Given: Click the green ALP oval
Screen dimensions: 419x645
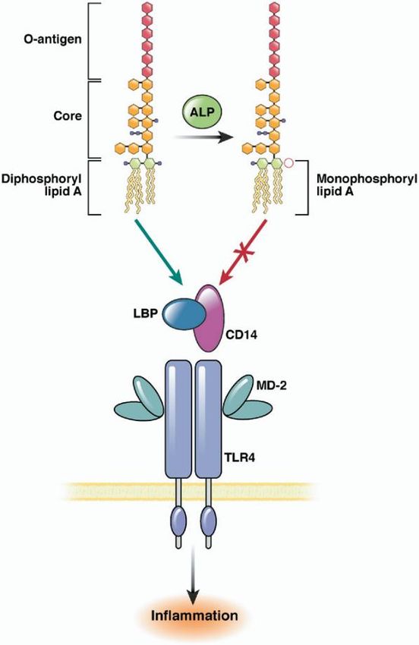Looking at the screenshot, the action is click(201, 112).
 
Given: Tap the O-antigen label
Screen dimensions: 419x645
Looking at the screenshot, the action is click(52, 40).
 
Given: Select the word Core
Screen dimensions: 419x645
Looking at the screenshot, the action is click(68, 115).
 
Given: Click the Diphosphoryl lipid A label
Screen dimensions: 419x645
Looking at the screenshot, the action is click(42, 184).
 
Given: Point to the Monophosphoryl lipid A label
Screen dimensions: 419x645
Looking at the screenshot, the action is click(367, 184).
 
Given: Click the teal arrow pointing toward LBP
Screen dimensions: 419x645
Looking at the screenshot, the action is click(159, 252).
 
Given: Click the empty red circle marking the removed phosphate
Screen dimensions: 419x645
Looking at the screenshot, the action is click(289, 163).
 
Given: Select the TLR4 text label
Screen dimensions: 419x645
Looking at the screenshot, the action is click(241, 457).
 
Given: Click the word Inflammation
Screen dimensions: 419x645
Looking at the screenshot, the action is click(194, 616).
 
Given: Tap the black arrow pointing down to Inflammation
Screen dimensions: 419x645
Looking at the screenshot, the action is click(193, 578).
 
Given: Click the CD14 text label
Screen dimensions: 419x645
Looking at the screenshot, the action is click(241, 335).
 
